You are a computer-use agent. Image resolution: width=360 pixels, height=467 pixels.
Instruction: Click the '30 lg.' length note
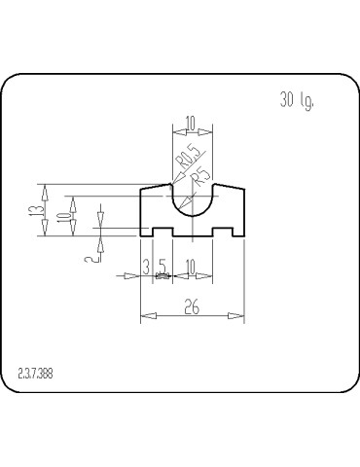coord(297,101)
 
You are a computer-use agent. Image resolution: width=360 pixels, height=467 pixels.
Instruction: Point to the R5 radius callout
coord(201,177)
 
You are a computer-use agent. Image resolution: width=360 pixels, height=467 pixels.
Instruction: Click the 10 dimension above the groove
coord(190,123)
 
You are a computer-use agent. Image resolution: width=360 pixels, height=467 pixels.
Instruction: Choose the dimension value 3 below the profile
coord(146,266)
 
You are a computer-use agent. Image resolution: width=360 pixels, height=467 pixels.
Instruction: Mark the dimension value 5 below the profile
coord(162,266)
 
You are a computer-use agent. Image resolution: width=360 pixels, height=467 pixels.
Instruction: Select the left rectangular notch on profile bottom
coord(162,233)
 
